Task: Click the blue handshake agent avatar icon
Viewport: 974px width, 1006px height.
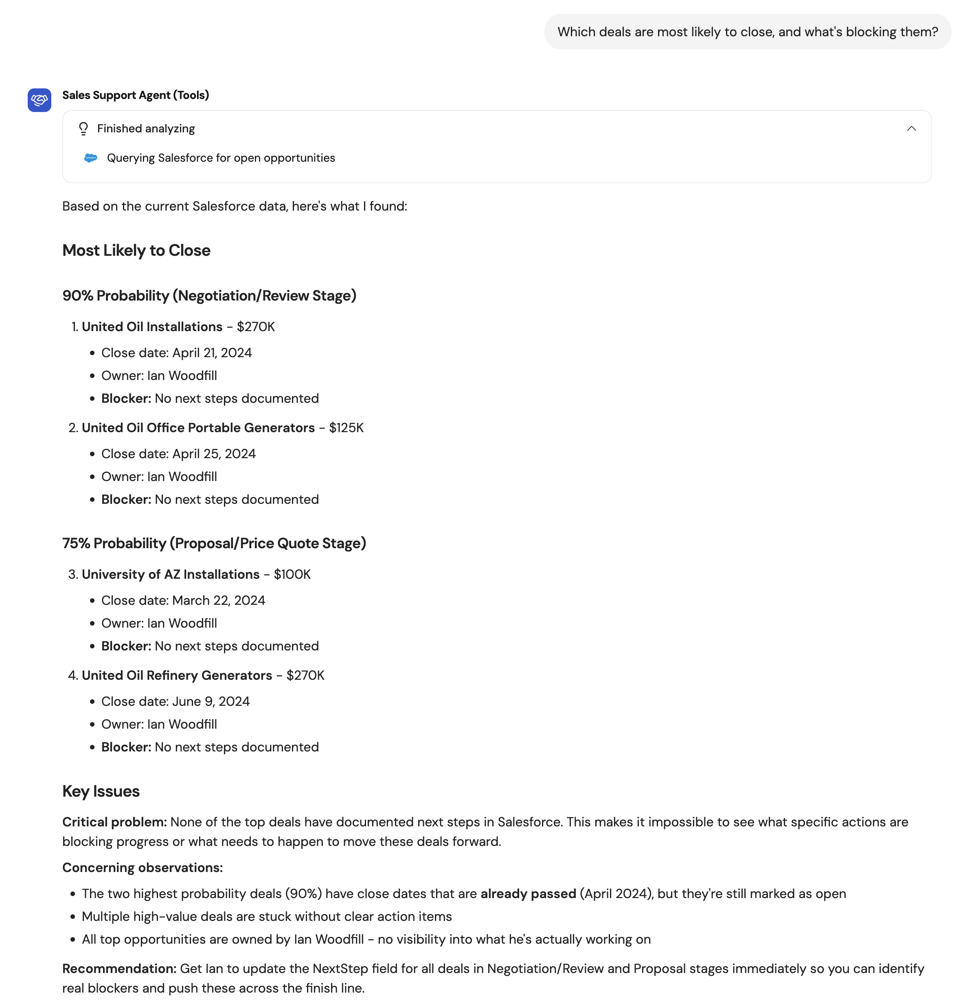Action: click(39, 100)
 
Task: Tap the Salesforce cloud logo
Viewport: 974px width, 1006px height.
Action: click(91, 158)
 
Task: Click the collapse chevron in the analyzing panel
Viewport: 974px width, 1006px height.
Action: click(911, 128)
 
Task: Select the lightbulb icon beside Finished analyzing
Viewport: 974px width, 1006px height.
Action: click(83, 128)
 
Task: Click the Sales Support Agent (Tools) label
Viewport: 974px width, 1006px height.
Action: click(136, 95)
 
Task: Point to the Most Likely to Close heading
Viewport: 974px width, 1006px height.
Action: click(136, 250)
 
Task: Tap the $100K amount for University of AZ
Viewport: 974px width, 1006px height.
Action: click(292, 574)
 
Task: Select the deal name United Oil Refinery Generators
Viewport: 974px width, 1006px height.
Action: click(177, 675)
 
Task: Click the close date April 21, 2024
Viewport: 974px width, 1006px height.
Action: click(212, 353)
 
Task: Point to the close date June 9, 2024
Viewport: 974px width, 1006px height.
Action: click(211, 702)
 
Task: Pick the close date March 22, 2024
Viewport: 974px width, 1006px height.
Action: click(219, 600)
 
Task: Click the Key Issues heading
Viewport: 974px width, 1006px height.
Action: click(101, 791)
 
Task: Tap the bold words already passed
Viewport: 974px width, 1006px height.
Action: click(528, 894)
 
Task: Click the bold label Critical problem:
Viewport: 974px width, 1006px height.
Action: click(114, 822)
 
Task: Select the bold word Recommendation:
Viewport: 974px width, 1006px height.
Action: click(119, 969)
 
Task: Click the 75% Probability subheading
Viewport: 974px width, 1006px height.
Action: click(214, 544)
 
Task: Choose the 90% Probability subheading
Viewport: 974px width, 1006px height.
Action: click(209, 296)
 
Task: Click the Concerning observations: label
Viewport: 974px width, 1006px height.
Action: click(143, 868)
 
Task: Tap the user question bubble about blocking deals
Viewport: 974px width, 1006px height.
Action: click(747, 32)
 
